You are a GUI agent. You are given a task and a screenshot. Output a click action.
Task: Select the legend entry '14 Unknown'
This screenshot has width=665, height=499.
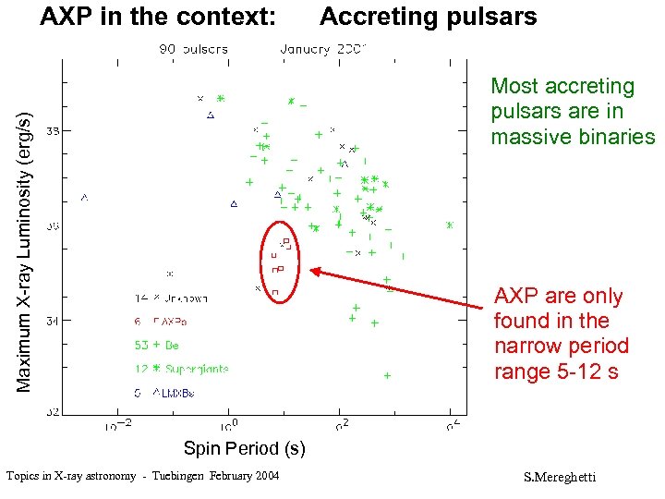(x=172, y=298)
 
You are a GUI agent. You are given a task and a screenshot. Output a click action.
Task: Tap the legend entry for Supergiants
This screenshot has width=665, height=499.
(x=181, y=369)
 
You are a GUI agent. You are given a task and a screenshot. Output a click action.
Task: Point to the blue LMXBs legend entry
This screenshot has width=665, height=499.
(x=164, y=393)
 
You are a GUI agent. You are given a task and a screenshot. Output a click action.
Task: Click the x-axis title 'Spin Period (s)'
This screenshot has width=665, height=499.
(x=244, y=449)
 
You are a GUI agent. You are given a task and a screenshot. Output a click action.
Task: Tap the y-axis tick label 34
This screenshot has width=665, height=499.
(x=54, y=320)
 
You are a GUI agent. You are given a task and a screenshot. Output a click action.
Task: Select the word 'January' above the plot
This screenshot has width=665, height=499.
(x=305, y=49)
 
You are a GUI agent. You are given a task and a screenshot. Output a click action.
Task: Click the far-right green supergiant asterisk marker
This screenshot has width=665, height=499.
(x=450, y=225)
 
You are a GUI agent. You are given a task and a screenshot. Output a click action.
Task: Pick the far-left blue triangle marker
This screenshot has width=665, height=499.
(x=85, y=197)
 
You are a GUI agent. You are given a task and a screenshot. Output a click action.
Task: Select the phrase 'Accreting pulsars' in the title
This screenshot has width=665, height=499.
(x=428, y=17)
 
